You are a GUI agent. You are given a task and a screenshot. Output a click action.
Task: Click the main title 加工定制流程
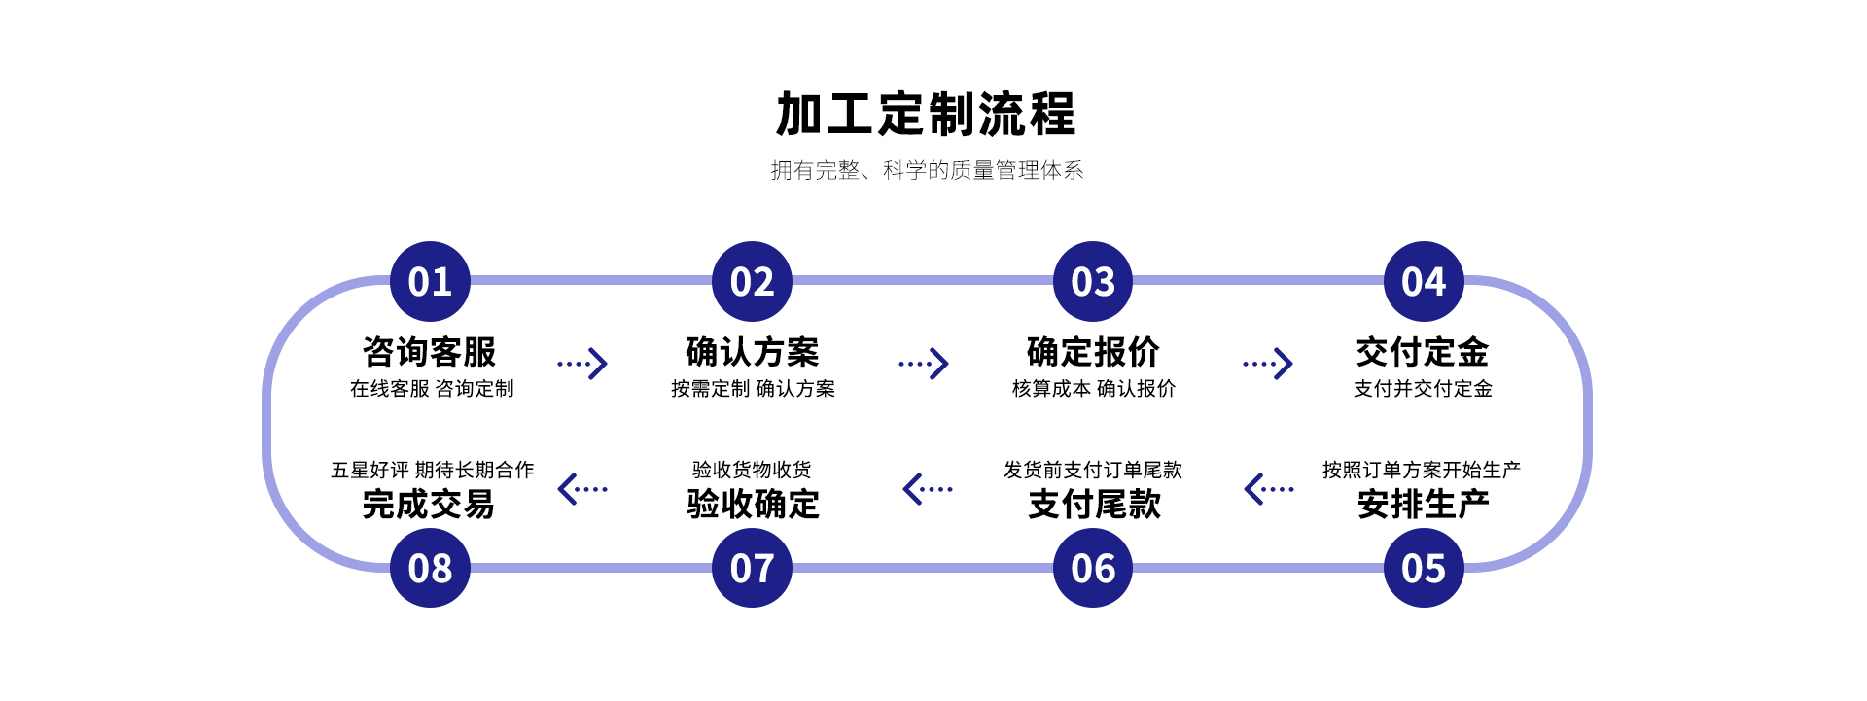pos(926,115)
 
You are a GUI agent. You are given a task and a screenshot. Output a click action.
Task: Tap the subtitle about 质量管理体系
pos(927,171)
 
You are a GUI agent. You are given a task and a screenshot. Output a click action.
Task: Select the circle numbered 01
pos(430,282)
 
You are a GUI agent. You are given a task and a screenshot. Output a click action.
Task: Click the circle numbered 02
pos(752,282)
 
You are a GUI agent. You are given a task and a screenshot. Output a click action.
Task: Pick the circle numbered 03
pos(1093,282)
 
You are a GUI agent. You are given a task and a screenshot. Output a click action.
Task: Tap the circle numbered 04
pos(1424,282)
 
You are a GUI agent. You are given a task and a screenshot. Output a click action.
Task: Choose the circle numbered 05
pos(1424,568)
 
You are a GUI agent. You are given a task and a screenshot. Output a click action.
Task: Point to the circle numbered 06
pos(1093,568)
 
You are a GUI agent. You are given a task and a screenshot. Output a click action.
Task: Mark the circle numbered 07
pos(752,568)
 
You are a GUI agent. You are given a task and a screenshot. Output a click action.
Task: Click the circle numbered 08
pos(430,568)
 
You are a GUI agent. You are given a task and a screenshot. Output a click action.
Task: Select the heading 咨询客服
pos(430,352)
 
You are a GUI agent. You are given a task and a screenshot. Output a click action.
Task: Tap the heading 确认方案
pos(753,352)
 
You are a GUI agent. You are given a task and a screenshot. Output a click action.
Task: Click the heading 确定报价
pos(1093,352)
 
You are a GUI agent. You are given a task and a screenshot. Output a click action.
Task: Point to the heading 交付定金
pos(1423,352)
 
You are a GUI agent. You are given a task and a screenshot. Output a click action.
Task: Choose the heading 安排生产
pos(1423,505)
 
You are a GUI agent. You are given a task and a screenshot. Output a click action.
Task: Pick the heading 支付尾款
pos(1094,505)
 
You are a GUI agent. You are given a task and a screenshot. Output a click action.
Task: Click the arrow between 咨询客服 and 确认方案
pos(582,364)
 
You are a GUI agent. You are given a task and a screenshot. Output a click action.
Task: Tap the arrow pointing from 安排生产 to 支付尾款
pos(1269,489)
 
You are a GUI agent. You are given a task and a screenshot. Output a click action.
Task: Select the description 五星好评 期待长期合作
pos(432,471)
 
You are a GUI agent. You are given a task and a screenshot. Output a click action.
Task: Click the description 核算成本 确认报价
pos(1094,389)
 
